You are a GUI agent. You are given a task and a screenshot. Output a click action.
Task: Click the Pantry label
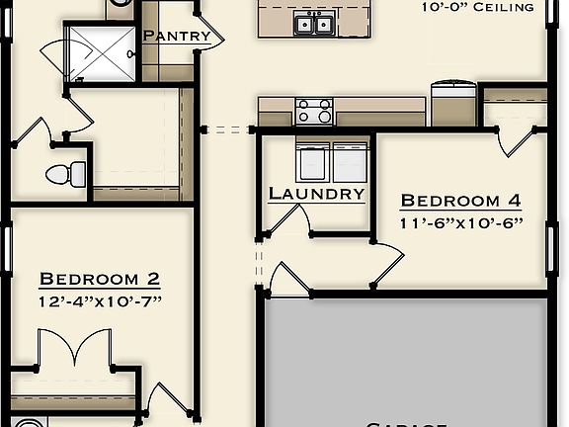click(x=177, y=37)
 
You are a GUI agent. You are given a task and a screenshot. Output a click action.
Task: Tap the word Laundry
click(x=316, y=194)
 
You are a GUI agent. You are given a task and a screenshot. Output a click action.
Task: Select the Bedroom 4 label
click(x=459, y=201)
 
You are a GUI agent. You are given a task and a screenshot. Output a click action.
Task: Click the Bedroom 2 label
click(x=99, y=280)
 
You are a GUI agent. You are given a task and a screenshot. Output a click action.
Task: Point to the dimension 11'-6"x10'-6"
click(x=460, y=222)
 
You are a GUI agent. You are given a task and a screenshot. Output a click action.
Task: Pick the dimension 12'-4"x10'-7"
click(x=99, y=300)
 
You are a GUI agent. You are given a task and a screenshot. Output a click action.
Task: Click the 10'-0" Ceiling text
click(x=478, y=8)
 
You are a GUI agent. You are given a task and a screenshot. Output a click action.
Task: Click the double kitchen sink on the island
click(x=317, y=23)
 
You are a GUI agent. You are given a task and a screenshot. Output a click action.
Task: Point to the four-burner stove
click(x=314, y=111)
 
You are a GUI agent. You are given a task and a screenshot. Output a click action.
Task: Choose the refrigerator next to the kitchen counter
click(x=453, y=104)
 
